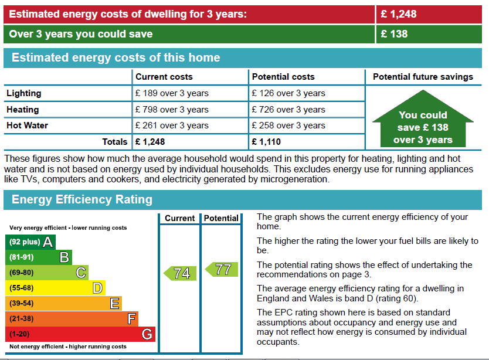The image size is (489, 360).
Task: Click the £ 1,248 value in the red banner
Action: click(399, 14)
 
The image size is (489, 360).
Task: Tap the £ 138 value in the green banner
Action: click(394, 34)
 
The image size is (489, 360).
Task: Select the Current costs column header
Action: click(164, 77)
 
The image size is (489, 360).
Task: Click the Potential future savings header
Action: click(423, 77)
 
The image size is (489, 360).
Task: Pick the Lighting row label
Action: click(24, 93)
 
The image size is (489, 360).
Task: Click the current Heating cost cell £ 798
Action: click(172, 110)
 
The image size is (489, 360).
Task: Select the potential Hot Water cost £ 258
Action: click(288, 125)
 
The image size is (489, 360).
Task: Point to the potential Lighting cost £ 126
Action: click(288, 93)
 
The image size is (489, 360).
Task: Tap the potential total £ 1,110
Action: click(266, 142)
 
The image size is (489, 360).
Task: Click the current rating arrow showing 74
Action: click(180, 273)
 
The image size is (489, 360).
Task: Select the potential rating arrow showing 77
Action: click(222, 269)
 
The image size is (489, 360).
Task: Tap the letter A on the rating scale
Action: click(48, 242)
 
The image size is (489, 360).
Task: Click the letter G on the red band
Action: click(147, 334)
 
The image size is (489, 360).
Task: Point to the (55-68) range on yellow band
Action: click(22, 288)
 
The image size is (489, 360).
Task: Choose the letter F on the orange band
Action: click(131, 319)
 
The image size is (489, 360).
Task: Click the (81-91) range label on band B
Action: click(22, 257)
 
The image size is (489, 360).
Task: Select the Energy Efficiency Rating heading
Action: click(82, 199)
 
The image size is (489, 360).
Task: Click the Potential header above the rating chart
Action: click(221, 218)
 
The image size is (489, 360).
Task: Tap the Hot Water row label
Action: click(27, 125)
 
